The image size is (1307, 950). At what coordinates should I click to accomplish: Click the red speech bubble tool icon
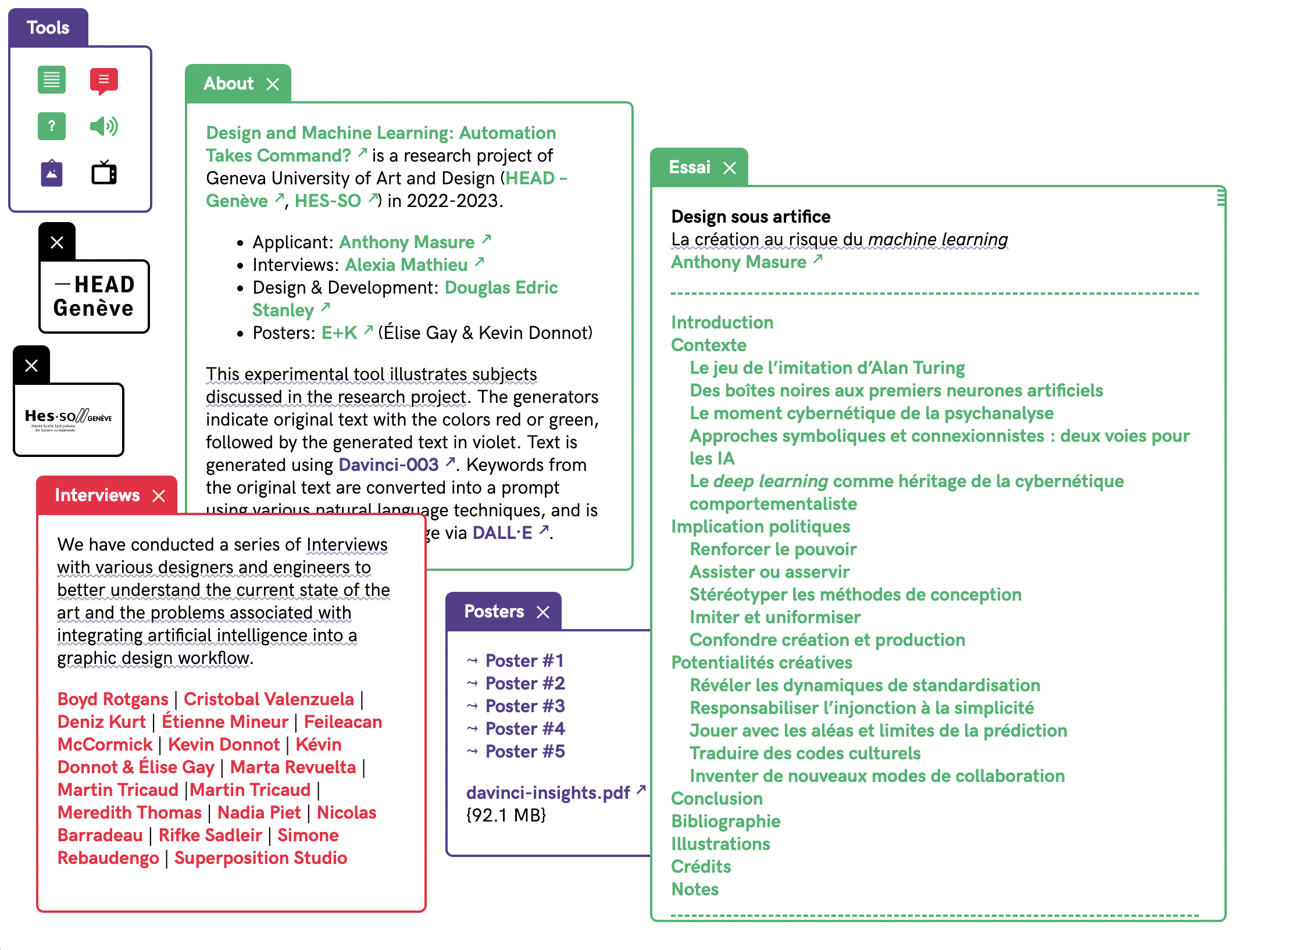(x=104, y=80)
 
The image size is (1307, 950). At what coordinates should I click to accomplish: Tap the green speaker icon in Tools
(x=104, y=126)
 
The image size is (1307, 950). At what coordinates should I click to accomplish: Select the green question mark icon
(x=52, y=126)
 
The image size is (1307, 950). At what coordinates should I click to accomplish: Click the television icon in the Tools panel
(x=104, y=173)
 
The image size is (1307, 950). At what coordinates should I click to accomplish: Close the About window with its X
(x=273, y=84)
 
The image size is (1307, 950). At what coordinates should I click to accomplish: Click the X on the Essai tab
(x=730, y=168)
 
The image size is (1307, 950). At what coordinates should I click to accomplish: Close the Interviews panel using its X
(x=159, y=495)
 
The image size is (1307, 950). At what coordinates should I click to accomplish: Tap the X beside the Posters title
(x=543, y=612)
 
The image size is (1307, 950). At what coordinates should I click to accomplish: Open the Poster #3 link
(x=524, y=706)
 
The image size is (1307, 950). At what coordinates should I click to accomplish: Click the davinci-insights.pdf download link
(x=548, y=792)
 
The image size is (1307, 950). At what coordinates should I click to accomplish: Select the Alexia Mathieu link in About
(x=406, y=265)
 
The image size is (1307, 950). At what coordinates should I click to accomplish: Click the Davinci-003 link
(x=388, y=465)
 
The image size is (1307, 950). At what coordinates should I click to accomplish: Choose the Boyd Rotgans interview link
(x=113, y=699)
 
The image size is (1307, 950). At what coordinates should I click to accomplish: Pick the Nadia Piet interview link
(x=259, y=812)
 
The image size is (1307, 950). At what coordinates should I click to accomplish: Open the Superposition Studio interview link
(x=260, y=858)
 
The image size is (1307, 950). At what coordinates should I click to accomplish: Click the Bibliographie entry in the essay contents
(x=726, y=821)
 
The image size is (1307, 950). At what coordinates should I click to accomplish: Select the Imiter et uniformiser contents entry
(x=774, y=617)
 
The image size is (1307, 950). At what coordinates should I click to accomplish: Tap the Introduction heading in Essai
(x=722, y=322)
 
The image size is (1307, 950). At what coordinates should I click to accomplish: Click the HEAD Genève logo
(x=94, y=297)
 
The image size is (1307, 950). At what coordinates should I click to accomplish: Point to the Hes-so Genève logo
(x=69, y=419)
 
